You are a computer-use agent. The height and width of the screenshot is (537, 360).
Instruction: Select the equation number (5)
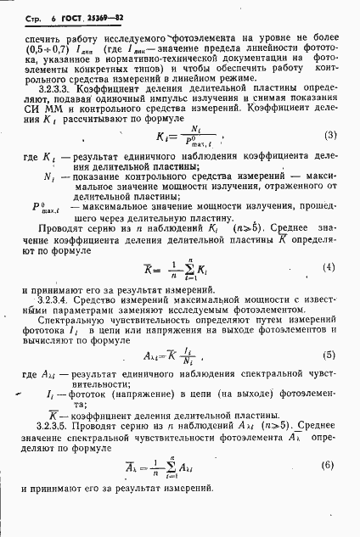click(x=329, y=355)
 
